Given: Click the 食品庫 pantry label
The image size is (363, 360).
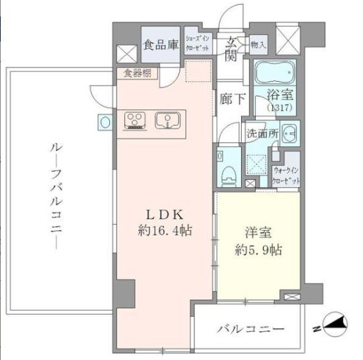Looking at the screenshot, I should (x=161, y=45).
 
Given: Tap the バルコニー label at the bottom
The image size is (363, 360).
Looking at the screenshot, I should (x=250, y=328).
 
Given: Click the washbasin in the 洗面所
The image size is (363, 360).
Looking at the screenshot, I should (x=289, y=134).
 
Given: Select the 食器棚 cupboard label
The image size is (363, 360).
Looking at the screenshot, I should (x=136, y=73).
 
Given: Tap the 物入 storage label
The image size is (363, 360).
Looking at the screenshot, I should (x=258, y=45).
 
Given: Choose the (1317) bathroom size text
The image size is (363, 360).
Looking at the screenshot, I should (x=280, y=107).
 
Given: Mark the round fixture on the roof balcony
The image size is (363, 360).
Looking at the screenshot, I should (x=105, y=121).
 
